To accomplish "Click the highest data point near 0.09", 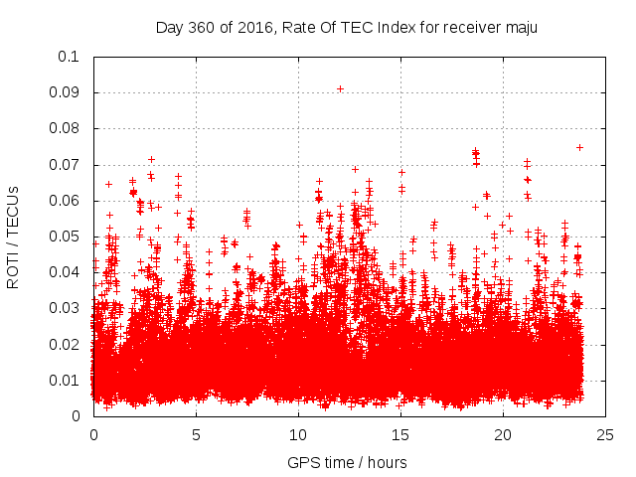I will pos(340,88).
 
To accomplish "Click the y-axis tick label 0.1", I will pos(70,57).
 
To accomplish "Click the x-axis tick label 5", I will pos(196,434).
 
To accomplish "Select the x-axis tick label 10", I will pos(298,434).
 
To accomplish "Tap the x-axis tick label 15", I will pos(400,434).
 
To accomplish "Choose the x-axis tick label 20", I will pos(503,434).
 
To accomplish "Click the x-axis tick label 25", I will pos(605,434).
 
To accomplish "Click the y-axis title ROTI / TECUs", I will pos(13,237).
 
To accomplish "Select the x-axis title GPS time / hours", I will pos(347,462).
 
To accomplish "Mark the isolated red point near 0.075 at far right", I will pos(579,147).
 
